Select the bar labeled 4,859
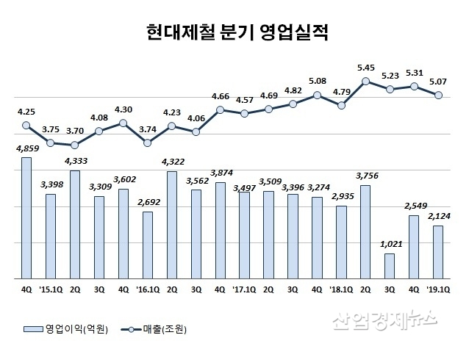coord(26,218)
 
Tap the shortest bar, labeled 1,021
coord(390,266)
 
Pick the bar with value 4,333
coord(74,224)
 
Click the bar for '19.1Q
coord(438,252)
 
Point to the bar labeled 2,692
coord(147,245)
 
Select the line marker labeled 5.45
coord(365,81)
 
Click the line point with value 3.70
coord(74,145)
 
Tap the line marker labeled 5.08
coord(317,95)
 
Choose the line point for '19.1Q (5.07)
coord(438,95)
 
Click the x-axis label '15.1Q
coord(50,289)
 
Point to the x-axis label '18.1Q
coord(341,289)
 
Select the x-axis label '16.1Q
coord(147,289)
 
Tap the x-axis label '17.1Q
coord(244,289)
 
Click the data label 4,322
coord(171,160)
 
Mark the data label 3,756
coord(365,175)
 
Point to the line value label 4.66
coord(220,96)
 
